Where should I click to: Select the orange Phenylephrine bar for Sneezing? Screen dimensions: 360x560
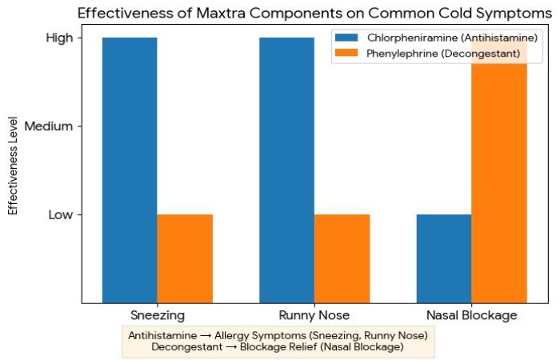[185, 258]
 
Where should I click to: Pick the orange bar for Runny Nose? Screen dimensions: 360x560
[342, 258]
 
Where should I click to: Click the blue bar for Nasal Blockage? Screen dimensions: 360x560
[444, 258]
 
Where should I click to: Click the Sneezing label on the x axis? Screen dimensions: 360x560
[158, 315]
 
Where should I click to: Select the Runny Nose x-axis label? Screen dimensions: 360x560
[314, 315]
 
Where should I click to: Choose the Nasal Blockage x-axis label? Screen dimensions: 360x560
[471, 315]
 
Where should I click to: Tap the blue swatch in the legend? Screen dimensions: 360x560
[349, 38]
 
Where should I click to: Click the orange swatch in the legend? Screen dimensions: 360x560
[349, 52]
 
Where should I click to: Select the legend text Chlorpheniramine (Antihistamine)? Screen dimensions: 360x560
[452, 38]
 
